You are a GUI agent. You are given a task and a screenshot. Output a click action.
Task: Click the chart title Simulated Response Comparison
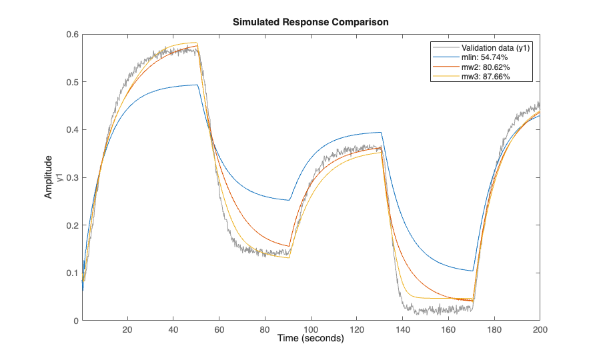[310, 22]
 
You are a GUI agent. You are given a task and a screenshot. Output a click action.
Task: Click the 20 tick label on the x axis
[127, 329]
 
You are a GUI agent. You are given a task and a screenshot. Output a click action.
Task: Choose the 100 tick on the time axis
[311, 329]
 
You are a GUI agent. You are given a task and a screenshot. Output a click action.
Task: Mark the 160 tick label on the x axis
[448, 329]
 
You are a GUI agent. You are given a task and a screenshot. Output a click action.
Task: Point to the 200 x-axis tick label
[540, 329]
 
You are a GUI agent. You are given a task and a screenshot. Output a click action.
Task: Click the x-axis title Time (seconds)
[310, 339]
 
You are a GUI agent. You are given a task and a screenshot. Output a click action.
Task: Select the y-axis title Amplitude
[48, 177]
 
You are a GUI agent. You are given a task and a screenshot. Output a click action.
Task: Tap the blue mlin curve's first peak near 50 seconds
[197, 85]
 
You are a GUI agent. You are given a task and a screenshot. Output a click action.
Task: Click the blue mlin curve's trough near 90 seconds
[289, 200]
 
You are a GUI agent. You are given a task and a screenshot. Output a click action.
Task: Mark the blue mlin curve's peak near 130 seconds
[380, 132]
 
